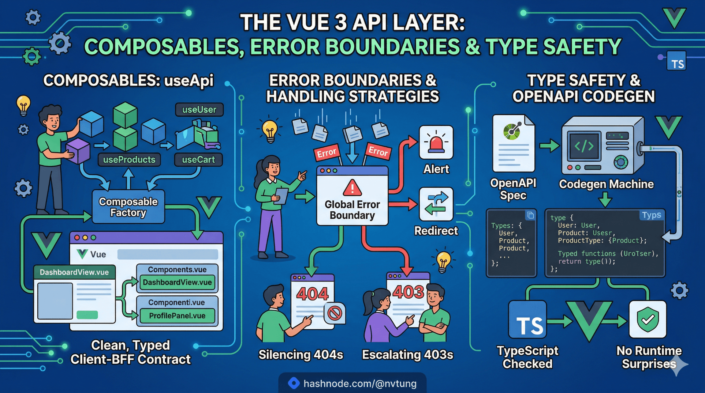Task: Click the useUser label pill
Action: [199, 110]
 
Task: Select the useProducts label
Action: [129, 160]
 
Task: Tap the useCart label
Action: [198, 160]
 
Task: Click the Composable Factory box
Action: [128, 207]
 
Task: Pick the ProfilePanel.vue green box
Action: [177, 316]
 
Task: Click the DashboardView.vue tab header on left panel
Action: [74, 272]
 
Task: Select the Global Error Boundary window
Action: [352, 197]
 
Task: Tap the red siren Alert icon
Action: [436, 143]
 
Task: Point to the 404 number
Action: [312, 294]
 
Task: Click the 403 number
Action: [408, 292]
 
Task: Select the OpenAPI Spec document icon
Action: [513, 143]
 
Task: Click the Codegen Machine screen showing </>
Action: [584, 146]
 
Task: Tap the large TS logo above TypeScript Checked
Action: [527, 320]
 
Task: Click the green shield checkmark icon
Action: [648, 320]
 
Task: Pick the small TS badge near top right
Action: [676, 61]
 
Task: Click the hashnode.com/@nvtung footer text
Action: [360, 383]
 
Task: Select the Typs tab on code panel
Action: [652, 215]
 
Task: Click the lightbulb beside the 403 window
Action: [443, 261]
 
